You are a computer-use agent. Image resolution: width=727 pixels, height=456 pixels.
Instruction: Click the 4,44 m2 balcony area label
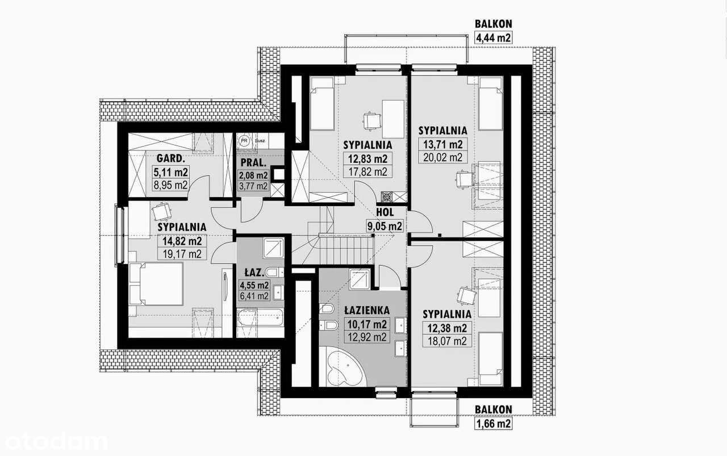point(493,38)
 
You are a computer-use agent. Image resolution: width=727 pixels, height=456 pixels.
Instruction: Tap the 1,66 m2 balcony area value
point(493,423)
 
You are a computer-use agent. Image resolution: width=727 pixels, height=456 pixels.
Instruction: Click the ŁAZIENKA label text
point(366,310)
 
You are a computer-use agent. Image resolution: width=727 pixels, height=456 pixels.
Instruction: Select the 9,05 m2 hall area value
point(385,226)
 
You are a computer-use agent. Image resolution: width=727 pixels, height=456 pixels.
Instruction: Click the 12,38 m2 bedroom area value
point(445,327)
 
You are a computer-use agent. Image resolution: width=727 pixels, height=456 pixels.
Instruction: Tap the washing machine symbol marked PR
point(244,140)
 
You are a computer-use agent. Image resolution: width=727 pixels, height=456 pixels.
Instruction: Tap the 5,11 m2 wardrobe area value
point(170,171)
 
